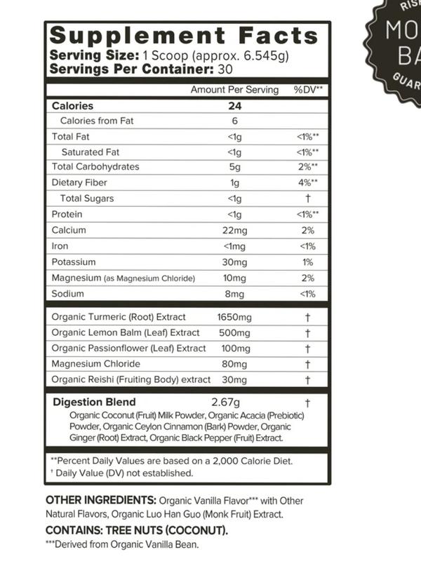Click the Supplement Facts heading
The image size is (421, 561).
184,36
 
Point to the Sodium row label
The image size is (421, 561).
67,294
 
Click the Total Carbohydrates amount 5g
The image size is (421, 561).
234,167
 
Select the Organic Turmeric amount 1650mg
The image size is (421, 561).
234,318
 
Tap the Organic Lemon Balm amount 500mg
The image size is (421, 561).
232,333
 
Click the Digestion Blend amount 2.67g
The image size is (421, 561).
226,402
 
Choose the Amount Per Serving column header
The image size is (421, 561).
234,90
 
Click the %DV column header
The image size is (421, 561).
308,90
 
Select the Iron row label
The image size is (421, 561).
60,246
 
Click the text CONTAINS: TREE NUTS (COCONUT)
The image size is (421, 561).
135,530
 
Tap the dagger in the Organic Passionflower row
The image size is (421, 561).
307,349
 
